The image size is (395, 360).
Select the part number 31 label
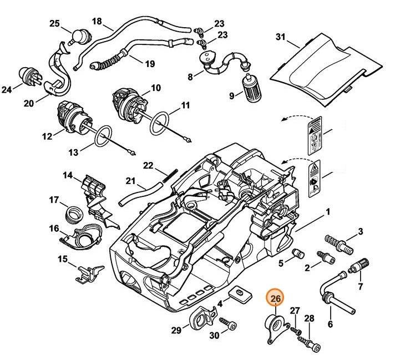click(281, 37)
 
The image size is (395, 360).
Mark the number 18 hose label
click(97, 22)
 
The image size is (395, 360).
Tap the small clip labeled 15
click(88, 271)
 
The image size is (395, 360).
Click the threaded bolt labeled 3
click(339, 244)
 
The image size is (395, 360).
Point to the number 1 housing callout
click(328, 212)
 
